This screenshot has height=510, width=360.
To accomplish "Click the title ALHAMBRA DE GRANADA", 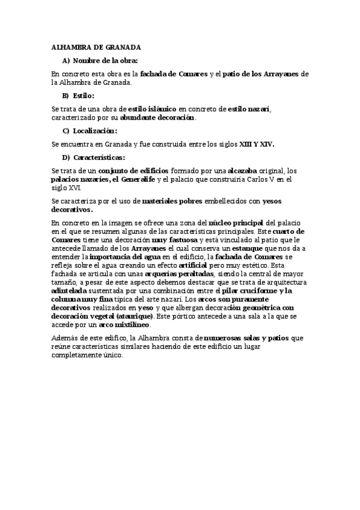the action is [x=96, y=47].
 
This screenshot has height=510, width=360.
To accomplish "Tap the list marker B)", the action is [x=66, y=96].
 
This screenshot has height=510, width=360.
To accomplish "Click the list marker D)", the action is [x=66, y=158].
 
